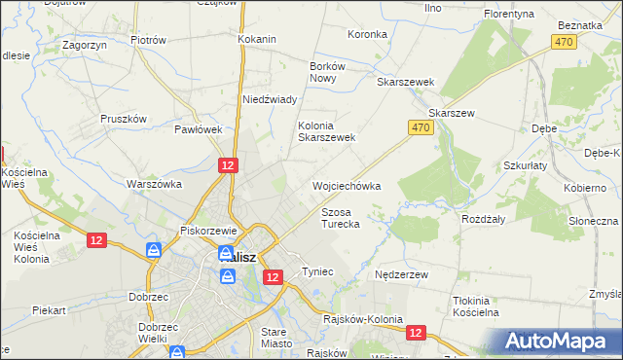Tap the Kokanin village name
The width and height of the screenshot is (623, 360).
pyautogui.click(x=257, y=39)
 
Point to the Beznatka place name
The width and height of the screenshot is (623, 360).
pyautogui.click(x=582, y=24)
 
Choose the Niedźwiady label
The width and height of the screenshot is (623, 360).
pyautogui.click(x=269, y=99)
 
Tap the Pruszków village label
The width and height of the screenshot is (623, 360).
pyautogui.click(x=123, y=119)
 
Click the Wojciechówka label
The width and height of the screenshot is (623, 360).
pyautogui.click(x=346, y=185)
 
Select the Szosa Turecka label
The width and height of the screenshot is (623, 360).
pyautogui.click(x=341, y=217)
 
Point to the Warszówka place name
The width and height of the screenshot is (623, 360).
pyautogui.click(x=155, y=183)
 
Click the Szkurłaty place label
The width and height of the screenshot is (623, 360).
pyautogui.click(x=525, y=165)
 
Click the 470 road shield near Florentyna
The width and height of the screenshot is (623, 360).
pyautogui.click(x=563, y=42)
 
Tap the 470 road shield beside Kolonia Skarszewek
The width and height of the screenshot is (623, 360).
pyautogui.click(x=420, y=127)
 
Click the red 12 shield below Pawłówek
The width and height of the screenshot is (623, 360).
pyautogui.click(x=227, y=166)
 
